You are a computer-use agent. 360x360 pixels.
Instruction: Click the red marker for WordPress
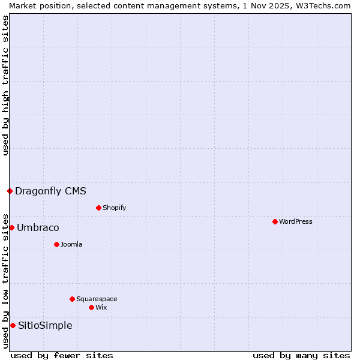coord(275,221)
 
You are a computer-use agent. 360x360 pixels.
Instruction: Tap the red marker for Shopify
coord(98,208)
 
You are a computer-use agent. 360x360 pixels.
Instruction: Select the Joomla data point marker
coord(56,244)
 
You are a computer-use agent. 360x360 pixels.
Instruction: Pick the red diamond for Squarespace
coord(72,299)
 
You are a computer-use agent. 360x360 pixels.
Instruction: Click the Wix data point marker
coord(91,307)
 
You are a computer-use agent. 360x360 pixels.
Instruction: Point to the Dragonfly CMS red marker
coord(10,191)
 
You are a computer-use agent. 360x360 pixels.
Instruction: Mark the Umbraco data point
coord(11,227)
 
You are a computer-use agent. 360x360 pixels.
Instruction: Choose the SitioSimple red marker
coord(13,325)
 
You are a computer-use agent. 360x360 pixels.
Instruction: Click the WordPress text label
coord(296,221)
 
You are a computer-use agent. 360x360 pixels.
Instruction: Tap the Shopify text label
coord(115,208)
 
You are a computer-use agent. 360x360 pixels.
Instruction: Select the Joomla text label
coord(71,244)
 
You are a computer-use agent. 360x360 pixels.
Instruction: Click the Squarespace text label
coord(97,299)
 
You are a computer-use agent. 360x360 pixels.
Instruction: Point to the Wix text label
coord(101,307)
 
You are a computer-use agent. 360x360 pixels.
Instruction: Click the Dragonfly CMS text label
coord(50,191)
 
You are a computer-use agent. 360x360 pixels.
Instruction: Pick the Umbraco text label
coord(38,227)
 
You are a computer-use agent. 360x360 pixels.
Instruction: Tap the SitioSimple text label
coord(45,325)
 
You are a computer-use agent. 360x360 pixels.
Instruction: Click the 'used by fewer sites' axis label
coord(62,355)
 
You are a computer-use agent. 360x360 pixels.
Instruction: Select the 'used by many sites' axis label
coord(301,355)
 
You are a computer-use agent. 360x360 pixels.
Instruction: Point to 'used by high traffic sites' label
coord(5,85)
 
